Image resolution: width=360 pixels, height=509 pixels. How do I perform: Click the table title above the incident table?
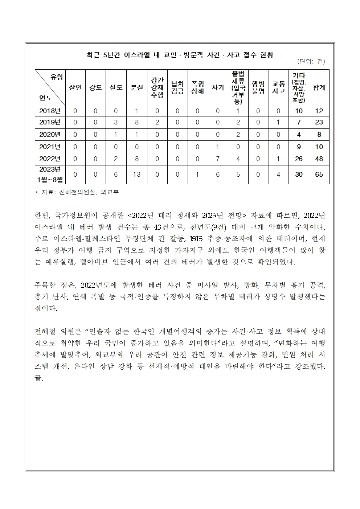coord(180,55)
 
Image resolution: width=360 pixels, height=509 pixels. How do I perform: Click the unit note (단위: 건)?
coord(311,62)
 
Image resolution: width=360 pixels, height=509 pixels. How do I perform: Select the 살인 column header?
coord(75,87)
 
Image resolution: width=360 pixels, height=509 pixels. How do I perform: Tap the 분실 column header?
coord(137,87)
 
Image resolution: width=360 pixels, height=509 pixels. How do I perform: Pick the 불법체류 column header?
coord(238,87)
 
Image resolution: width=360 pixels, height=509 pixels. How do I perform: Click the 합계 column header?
coord(319,87)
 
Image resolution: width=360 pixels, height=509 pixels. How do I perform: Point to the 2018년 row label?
coord(50,111)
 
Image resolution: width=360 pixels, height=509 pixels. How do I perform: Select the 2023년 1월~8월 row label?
coord(50,174)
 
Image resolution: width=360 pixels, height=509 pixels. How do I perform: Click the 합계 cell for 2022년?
coord(319,159)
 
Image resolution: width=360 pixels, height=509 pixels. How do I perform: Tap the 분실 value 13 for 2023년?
coord(137,175)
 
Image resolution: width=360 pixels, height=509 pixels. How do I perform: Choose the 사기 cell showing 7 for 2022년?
coord(218,159)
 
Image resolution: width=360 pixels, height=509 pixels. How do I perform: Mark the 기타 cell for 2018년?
coord(299,111)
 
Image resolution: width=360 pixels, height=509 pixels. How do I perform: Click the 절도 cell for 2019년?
coord(116,122)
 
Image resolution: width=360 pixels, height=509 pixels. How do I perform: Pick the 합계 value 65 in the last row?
coord(319,175)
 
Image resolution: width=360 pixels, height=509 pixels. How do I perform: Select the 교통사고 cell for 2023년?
coord(278,175)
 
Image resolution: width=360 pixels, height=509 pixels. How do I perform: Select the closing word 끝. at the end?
coord(39,378)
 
